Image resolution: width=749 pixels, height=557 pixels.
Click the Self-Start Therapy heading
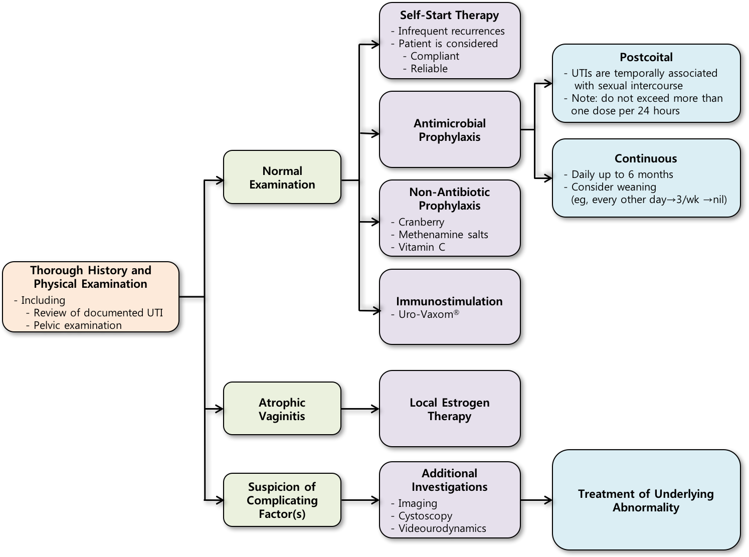tap(449, 15)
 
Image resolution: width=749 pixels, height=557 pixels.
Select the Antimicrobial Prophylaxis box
tap(450, 130)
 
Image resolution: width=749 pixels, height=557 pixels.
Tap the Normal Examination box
tap(282, 177)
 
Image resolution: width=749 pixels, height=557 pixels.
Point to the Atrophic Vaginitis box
tap(282, 409)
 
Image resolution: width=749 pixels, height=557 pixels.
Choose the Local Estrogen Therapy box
tap(450, 409)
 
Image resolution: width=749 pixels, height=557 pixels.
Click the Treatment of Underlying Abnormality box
tap(646, 500)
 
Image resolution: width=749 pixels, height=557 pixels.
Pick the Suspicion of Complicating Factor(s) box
tap(282, 500)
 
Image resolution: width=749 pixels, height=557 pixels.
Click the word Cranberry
tap(421, 222)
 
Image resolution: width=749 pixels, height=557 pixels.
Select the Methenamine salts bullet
tap(443, 235)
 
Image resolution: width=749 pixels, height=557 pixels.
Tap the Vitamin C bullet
tap(422, 247)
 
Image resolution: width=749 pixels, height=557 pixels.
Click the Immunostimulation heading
tap(449, 301)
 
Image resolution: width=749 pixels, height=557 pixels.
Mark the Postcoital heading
tap(646, 57)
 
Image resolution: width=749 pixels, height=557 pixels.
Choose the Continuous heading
tap(646, 158)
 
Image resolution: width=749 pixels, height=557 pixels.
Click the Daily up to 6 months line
tap(622, 174)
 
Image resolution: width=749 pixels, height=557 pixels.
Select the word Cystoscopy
tap(425, 516)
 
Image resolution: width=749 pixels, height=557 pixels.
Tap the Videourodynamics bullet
tap(442, 528)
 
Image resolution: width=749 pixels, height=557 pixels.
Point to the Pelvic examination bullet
tap(78, 325)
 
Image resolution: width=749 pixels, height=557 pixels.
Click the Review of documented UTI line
tap(98, 313)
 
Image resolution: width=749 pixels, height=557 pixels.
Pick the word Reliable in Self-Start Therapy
tap(429, 69)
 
